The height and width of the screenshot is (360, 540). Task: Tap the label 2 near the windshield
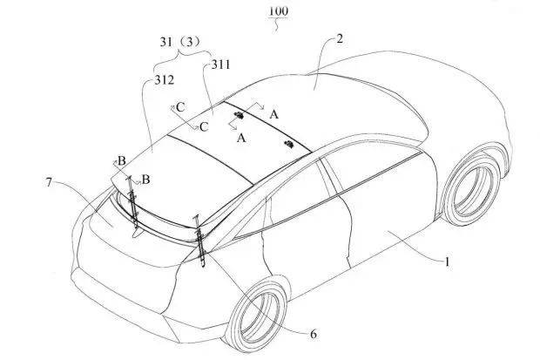340,39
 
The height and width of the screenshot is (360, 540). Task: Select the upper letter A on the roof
273,114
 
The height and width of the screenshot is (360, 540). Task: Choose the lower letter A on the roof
241,137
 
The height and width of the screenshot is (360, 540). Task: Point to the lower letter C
203,126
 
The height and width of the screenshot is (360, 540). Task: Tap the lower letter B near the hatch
145,179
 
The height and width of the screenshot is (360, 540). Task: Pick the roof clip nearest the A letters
237,113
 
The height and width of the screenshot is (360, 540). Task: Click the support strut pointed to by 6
200,239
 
